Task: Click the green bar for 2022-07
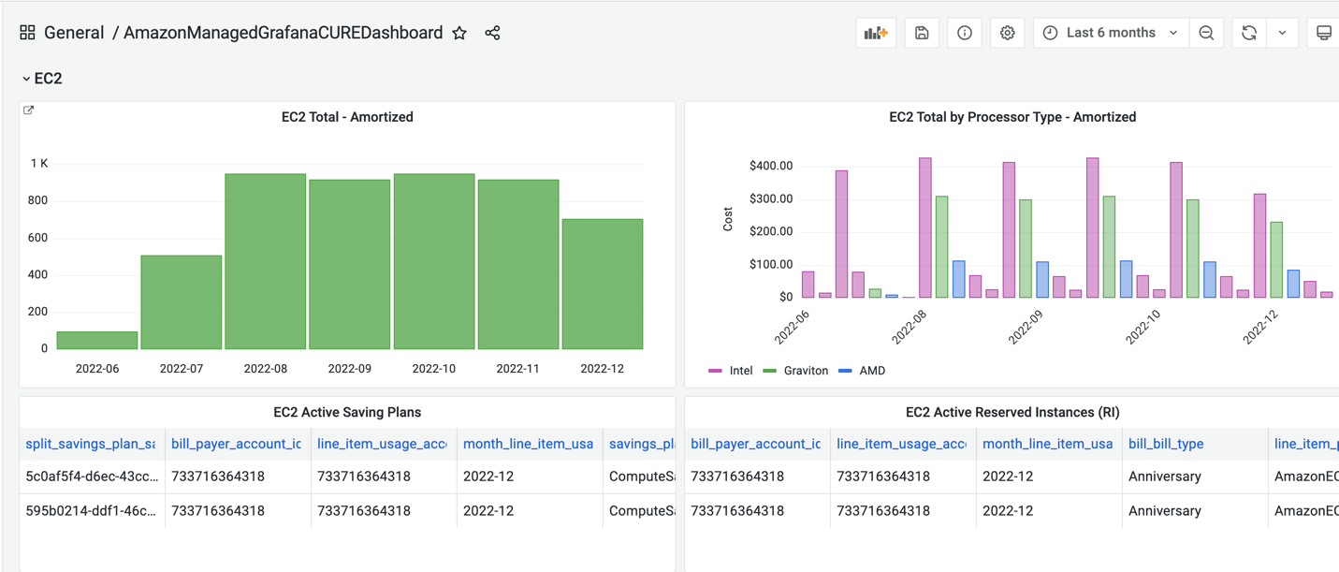point(182,301)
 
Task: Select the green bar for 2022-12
point(603,284)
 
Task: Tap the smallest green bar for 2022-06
point(97,340)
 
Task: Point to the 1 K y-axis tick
point(39,164)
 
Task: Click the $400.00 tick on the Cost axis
point(771,167)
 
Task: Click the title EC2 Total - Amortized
point(347,117)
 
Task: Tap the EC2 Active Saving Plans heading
point(347,412)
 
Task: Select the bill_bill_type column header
point(1166,444)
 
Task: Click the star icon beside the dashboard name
point(459,33)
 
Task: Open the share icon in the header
point(492,33)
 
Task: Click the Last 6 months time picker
point(1111,33)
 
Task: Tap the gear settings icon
point(1007,33)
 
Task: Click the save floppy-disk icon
point(922,33)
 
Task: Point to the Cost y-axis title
point(728,220)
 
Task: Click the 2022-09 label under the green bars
point(350,369)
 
